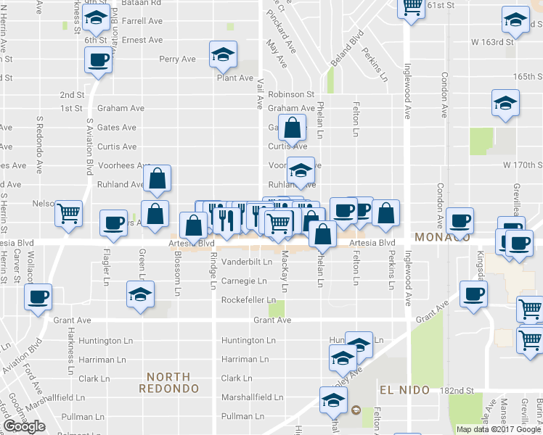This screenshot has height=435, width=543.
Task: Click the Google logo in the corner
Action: point(24,426)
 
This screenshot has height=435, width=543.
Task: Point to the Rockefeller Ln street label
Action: point(250,300)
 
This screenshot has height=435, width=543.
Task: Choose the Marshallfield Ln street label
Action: point(252,397)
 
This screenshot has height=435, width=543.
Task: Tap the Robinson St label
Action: point(290,94)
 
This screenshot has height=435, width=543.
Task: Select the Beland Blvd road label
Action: point(346,49)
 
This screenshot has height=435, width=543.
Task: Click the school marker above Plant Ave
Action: point(224,54)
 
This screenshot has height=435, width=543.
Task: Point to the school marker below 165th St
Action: point(505,103)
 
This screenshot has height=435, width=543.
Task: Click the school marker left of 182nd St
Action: point(333,399)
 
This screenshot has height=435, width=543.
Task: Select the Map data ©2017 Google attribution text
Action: point(498,429)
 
